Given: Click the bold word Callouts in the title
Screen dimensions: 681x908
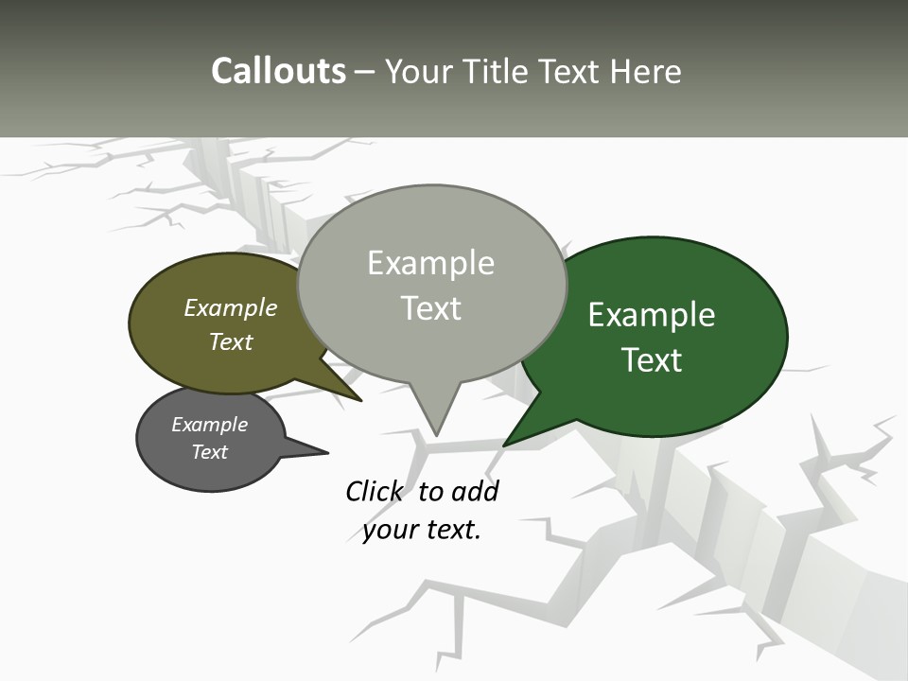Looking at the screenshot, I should pos(278,71).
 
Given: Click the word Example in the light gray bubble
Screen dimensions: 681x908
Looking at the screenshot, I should pos(430,263).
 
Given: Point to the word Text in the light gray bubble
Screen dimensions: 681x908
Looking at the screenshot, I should pos(430,308).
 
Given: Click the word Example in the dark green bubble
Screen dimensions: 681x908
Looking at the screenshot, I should pos(652,314).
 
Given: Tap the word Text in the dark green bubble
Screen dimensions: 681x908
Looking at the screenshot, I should pos(652,359).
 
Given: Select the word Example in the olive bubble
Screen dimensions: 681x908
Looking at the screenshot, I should pos(231,307).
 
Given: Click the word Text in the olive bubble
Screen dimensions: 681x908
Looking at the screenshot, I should pos(231,341).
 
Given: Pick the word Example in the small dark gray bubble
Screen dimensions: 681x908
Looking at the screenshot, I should pos(209,425).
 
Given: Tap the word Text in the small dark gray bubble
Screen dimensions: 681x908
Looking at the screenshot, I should pos(209,452).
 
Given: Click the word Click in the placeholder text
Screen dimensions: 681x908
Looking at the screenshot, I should pos(375,491).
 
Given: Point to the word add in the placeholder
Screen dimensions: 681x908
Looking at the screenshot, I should pos(475,491).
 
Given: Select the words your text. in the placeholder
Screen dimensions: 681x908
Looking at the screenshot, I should pos(422,530).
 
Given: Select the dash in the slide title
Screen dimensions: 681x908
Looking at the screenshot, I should pos(365,71).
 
